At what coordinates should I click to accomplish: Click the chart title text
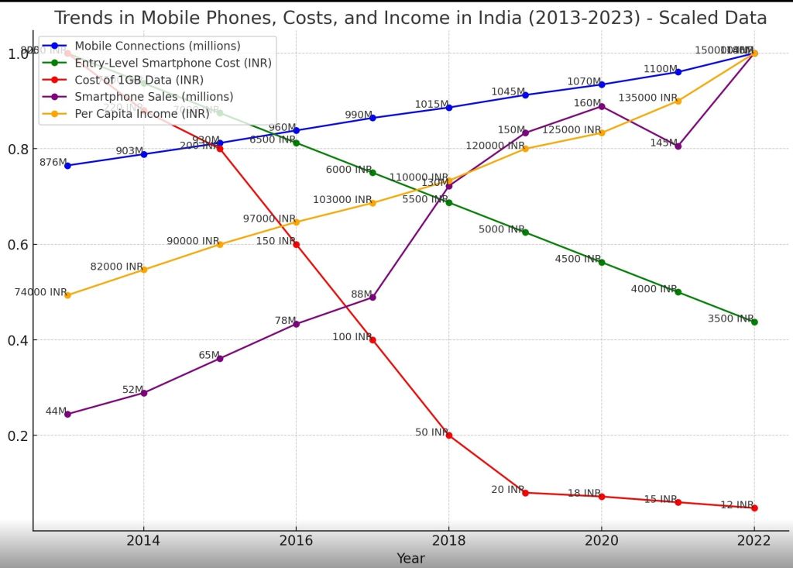click(410, 18)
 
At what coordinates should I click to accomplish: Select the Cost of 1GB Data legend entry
click(139, 80)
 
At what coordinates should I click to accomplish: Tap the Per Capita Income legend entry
click(142, 114)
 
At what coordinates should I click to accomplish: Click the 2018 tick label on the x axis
click(448, 540)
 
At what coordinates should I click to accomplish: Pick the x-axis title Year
click(410, 558)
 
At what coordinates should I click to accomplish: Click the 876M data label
click(53, 163)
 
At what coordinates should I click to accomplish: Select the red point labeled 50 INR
click(448, 435)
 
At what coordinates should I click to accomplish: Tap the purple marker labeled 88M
click(372, 298)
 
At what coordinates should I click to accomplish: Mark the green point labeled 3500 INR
click(754, 322)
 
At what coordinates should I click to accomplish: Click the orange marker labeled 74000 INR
click(67, 295)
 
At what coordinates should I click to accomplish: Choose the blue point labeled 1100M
click(678, 72)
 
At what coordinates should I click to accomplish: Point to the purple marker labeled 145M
click(678, 146)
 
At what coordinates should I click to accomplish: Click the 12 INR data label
click(736, 505)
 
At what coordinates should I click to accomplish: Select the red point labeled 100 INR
click(372, 340)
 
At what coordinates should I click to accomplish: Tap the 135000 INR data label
click(647, 98)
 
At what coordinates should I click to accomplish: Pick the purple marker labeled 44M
click(67, 415)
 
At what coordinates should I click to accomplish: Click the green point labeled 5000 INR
click(525, 232)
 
